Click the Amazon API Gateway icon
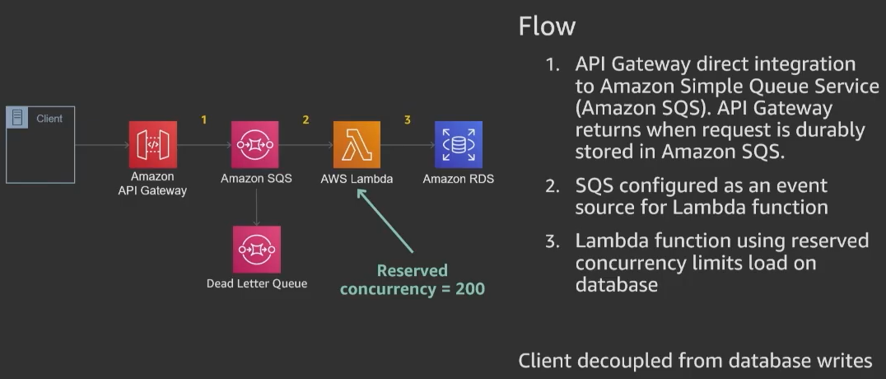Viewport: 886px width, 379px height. (153, 145)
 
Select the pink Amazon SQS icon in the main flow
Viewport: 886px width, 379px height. (255, 145)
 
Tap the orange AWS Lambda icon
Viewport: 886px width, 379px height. (357, 145)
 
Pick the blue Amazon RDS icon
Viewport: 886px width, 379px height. (459, 145)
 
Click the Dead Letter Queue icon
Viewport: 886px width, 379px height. (256, 250)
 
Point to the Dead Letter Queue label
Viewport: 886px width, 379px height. (256, 283)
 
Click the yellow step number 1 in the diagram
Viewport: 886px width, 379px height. (204, 120)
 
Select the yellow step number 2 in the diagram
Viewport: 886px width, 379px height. (305, 120)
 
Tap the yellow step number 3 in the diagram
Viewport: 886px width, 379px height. (407, 120)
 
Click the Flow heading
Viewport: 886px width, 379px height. (546, 26)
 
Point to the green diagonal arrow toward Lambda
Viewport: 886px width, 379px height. (385, 220)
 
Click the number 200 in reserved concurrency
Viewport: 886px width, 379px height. (469, 288)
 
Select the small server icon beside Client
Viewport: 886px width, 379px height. (16, 118)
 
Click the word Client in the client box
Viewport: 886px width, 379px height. (49, 119)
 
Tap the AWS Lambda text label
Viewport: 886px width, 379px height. (357, 179)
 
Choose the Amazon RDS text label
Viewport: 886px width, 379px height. (459, 179)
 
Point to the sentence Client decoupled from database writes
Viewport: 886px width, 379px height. (695, 361)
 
